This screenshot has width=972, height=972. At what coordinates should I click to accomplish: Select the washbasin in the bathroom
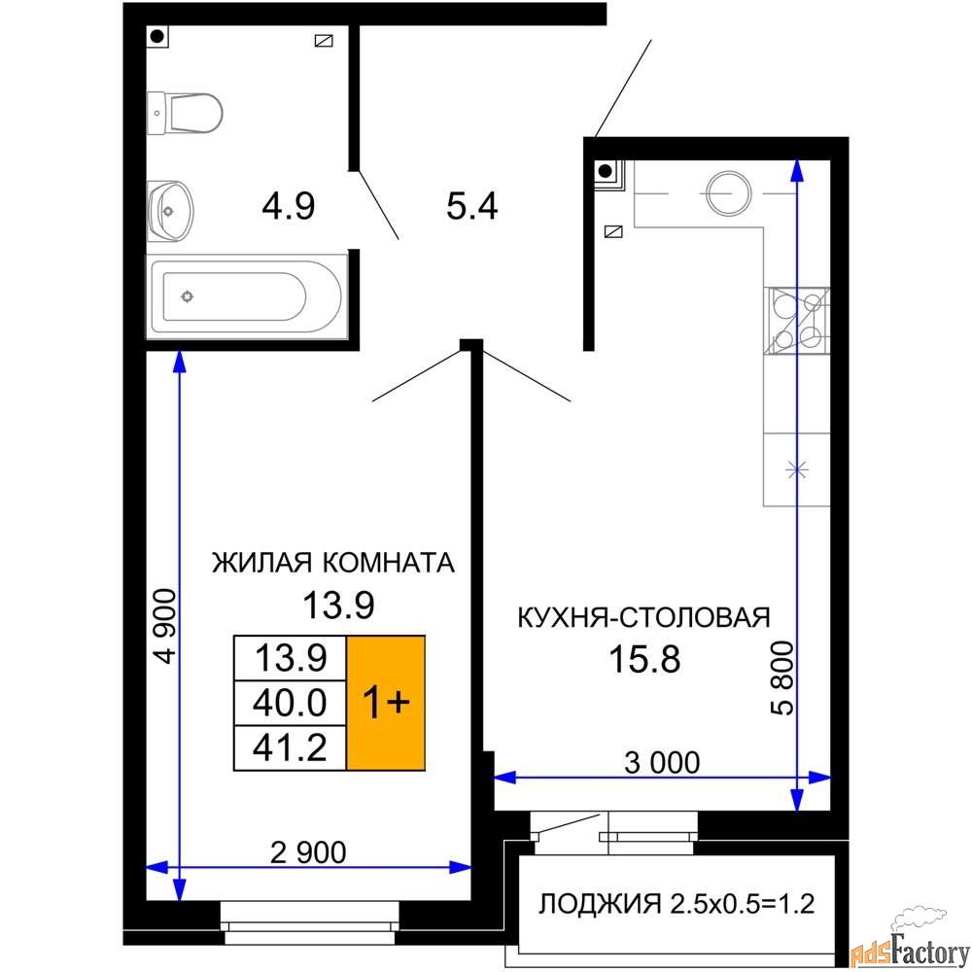[x=171, y=208]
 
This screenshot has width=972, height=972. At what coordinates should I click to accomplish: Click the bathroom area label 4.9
[x=288, y=206]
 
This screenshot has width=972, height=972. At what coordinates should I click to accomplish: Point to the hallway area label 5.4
[x=471, y=206]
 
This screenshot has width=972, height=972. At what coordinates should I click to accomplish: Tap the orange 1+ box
[x=386, y=703]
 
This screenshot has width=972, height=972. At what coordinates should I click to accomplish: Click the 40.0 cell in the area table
[x=289, y=702]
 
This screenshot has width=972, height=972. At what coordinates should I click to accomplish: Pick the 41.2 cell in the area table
[x=289, y=746]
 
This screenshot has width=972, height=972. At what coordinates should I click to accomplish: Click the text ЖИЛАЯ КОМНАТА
[x=333, y=563]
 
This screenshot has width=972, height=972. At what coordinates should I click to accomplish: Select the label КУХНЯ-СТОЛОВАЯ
[x=642, y=617]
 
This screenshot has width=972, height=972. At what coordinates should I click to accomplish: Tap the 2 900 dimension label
[x=307, y=852]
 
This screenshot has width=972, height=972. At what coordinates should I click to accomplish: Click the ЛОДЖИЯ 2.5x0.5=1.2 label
[x=676, y=905]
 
